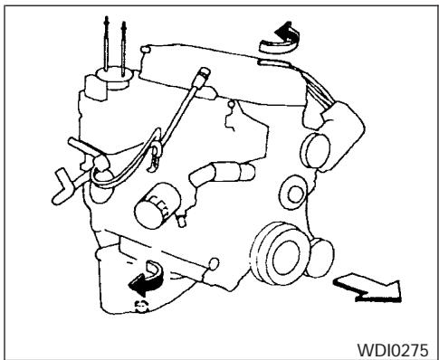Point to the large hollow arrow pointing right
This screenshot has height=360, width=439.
(x=372, y=287)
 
